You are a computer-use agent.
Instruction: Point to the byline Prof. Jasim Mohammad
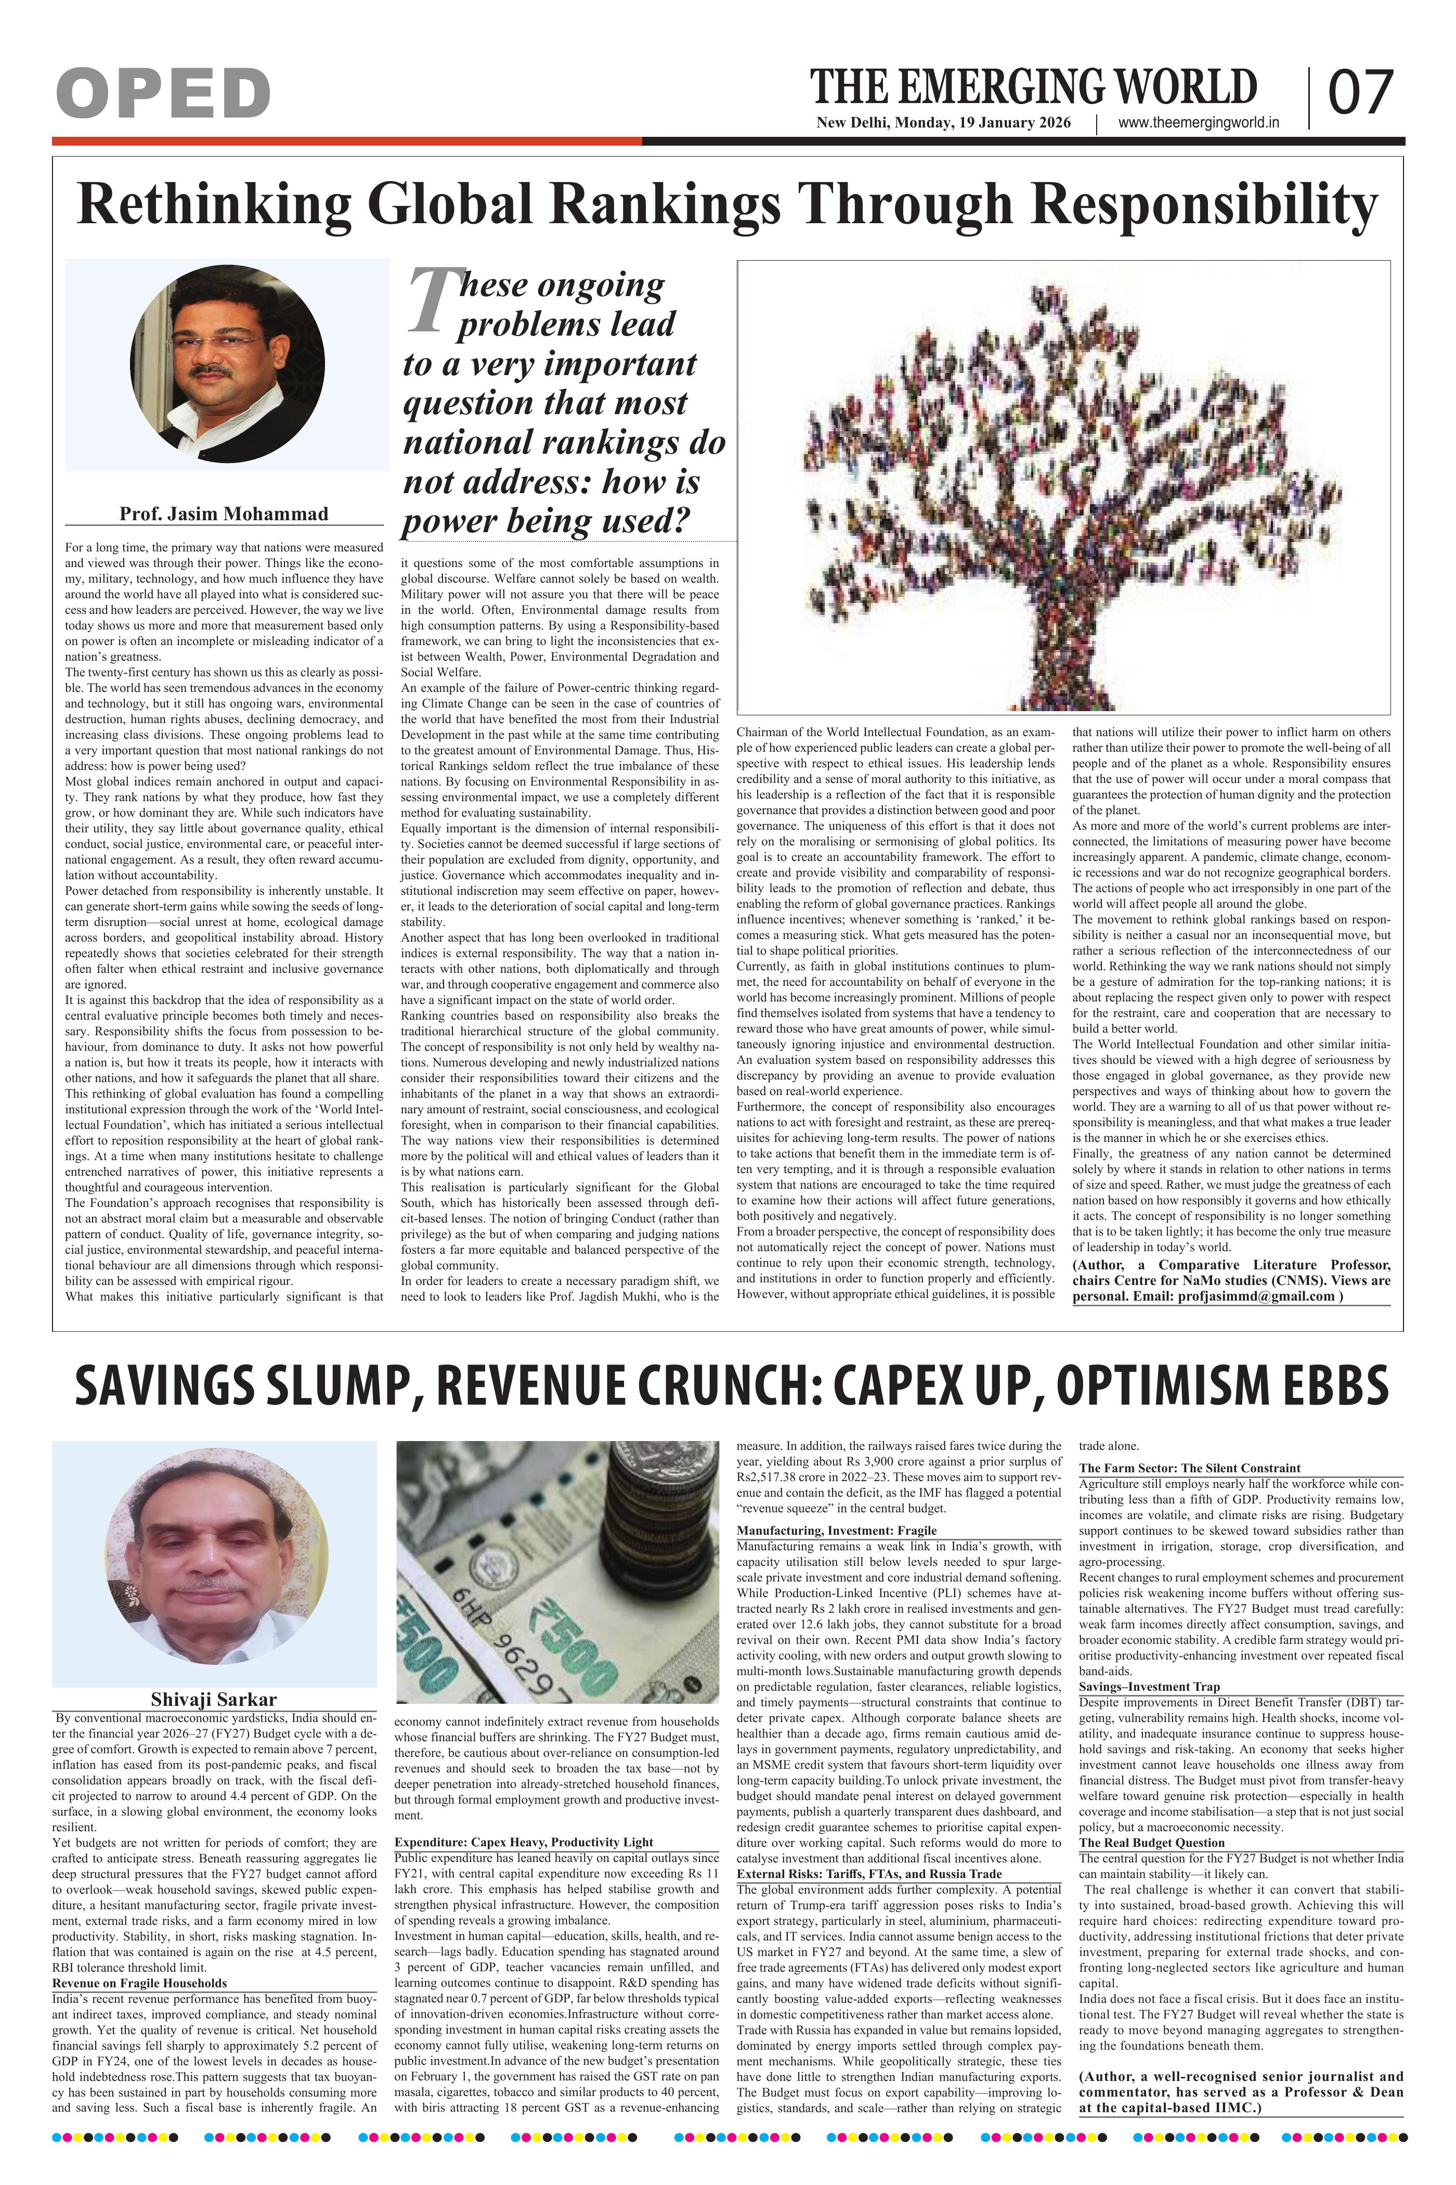pyautogui.click(x=224, y=514)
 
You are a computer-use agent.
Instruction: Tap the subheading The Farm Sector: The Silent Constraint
pyautogui.click(x=1190, y=1468)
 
